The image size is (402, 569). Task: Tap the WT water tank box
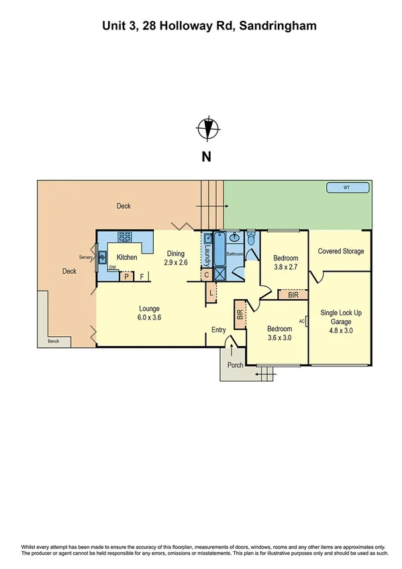point(346,187)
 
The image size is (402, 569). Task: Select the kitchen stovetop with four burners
point(125,236)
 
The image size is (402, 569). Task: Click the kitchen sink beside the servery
point(102,256)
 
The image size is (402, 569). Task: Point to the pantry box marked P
point(125,275)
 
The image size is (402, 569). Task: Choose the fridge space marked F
point(142,275)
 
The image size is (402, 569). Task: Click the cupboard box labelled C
point(207,274)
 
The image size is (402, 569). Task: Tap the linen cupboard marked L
point(211,293)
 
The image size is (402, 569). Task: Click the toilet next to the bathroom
point(251,238)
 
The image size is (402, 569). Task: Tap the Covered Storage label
point(341,252)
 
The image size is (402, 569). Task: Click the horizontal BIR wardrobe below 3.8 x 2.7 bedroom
point(293,294)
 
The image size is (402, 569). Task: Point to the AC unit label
point(301,321)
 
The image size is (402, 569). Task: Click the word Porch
point(235,366)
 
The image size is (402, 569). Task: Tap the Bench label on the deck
point(54,342)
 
